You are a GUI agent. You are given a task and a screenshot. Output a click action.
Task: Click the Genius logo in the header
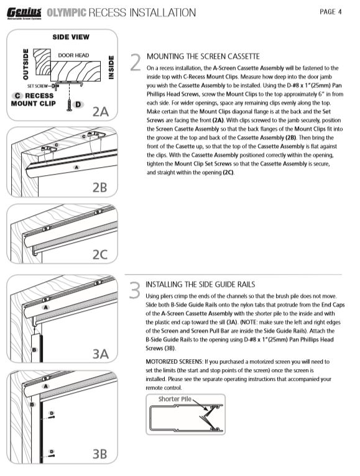point(24,13)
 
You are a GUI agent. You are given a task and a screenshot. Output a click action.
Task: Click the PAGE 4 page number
point(331,12)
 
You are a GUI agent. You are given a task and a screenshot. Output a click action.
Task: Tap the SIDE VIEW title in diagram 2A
point(71,37)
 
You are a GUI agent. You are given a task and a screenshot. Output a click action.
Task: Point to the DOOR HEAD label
point(73,55)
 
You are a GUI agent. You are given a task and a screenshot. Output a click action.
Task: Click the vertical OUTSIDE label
point(26,64)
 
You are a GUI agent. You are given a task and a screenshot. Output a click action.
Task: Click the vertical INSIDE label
point(111,67)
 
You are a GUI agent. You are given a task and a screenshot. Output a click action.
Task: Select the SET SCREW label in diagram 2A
point(37,86)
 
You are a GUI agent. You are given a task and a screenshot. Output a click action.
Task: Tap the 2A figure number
point(101,112)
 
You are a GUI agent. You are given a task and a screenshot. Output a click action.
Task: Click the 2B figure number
point(100,187)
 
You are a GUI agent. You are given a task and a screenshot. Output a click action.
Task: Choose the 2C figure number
point(100,254)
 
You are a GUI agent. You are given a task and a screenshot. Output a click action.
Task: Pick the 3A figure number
point(101,354)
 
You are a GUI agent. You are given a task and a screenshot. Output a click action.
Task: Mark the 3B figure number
point(100,454)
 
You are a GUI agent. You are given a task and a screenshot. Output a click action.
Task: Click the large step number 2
point(136,63)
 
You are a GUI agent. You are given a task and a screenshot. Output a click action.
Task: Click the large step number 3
point(135,290)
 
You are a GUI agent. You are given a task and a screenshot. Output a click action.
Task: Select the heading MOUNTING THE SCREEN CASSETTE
point(203,57)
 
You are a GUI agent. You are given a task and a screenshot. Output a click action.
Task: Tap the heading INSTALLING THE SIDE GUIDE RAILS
point(200,285)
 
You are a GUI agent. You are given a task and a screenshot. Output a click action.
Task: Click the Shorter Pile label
point(175,399)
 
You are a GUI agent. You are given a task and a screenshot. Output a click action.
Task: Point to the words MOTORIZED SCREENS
point(174,362)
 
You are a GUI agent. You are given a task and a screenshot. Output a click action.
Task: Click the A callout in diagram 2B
point(76,167)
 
